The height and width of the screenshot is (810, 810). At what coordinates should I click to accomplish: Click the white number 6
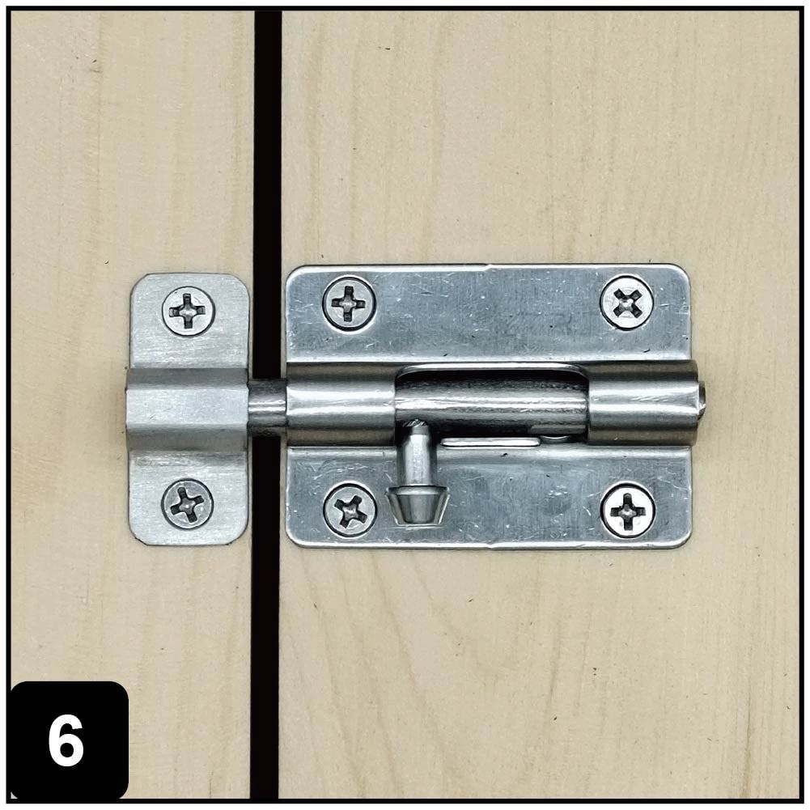[66, 742]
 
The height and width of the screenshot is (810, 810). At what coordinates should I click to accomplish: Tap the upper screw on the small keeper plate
[189, 311]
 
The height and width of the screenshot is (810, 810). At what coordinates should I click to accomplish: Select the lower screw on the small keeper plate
[188, 504]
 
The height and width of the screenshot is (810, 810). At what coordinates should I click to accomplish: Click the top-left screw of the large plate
[349, 303]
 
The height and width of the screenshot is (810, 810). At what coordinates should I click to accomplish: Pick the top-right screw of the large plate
[627, 302]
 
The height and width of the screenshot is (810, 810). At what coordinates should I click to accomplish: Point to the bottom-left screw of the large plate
[350, 510]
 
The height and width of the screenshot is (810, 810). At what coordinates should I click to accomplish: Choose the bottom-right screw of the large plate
[628, 510]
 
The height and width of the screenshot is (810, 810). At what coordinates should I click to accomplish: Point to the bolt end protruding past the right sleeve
[702, 397]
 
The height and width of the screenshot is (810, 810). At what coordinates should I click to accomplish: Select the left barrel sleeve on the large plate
[340, 404]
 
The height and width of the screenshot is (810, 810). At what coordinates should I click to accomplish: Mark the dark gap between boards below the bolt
[266, 647]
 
